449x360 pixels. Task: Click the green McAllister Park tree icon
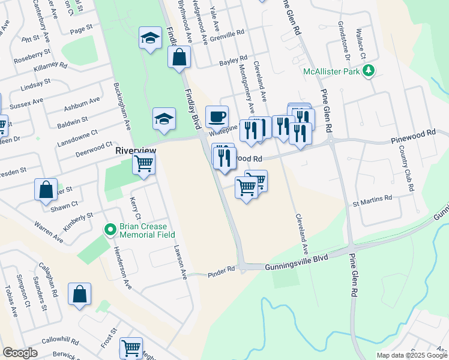click(369, 71)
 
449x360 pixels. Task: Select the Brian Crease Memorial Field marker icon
click(110, 229)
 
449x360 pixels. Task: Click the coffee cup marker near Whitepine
click(217, 116)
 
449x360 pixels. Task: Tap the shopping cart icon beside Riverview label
click(144, 163)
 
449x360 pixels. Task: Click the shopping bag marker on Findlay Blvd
click(179, 58)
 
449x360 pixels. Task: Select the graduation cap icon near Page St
click(150, 38)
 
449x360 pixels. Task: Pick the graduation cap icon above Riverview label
click(163, 118)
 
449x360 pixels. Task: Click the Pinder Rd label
click(221, 272)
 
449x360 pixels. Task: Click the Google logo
click(20, 353)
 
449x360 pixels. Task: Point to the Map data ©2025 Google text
click(411, 355)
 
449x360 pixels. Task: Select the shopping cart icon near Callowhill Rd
click(131, 347)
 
